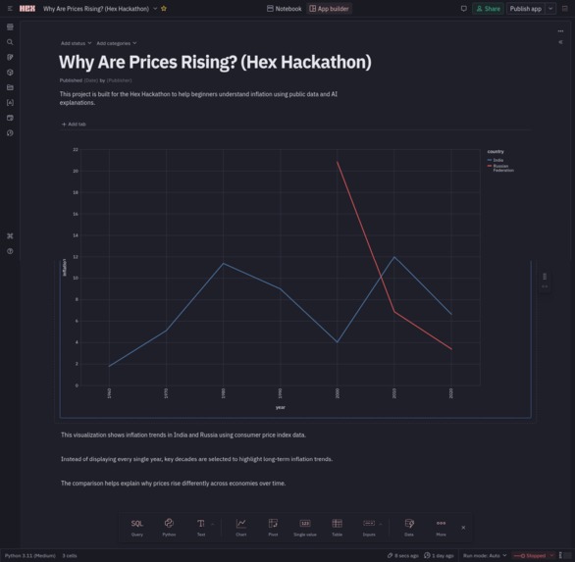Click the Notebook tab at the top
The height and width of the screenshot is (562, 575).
tap(285, 8)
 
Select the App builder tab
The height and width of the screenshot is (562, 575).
tap(330, 8)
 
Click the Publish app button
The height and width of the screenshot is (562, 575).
tap(525, 8)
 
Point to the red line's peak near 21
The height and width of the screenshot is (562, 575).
tap(338, 162)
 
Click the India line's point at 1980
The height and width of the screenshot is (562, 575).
tap(224, 263)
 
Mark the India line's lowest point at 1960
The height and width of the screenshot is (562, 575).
tap(109, 367)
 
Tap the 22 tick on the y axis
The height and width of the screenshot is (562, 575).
tap(76, 150)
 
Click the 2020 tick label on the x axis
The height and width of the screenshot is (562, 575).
tap(451, 392)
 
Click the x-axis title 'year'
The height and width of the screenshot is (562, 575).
tap(280, 407)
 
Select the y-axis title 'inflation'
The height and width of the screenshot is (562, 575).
tap(65, 267)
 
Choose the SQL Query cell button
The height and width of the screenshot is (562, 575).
tap(136, 527)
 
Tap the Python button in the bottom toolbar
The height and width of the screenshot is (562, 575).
tap(169, 527)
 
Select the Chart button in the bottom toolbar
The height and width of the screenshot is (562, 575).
tap(240, 527)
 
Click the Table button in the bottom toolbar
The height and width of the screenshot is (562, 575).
tap(337, 527)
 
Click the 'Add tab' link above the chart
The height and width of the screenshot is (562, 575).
tap(75, 125)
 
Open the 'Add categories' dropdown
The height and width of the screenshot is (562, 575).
tap(116, 43)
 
